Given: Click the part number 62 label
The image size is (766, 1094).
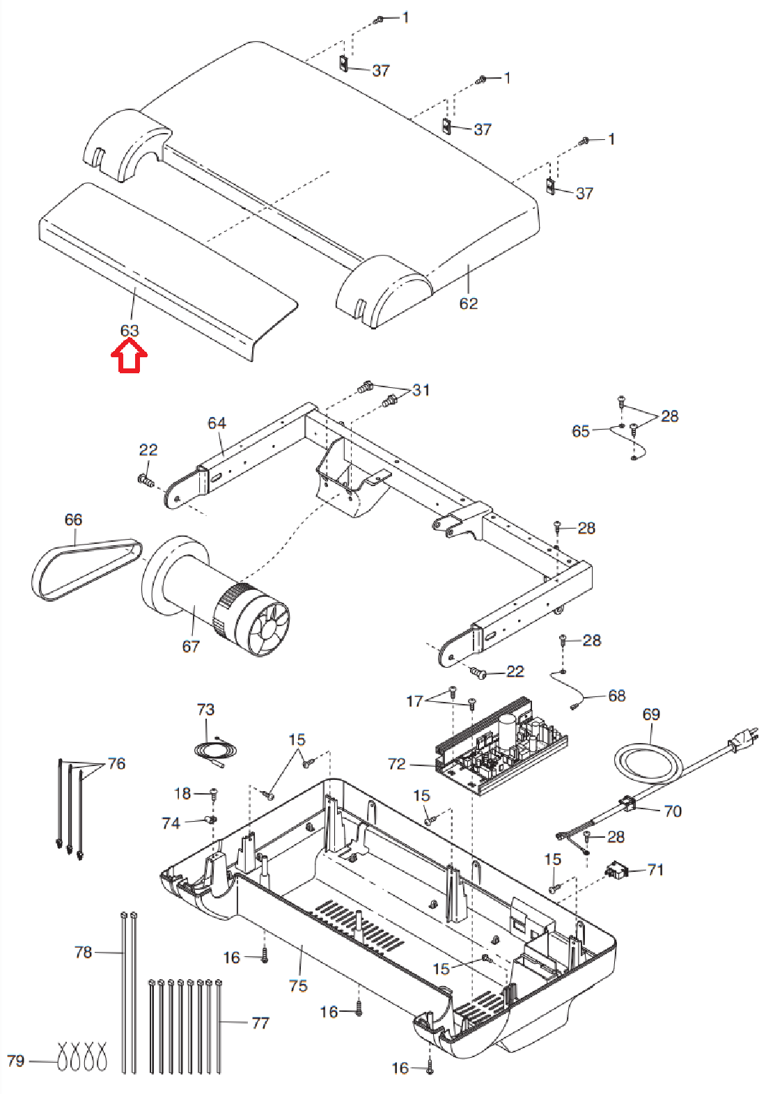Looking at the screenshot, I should coord(469,303).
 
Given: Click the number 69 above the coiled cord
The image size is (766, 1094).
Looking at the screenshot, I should coord(651,714).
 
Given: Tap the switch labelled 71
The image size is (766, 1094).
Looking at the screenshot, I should coord(614,869).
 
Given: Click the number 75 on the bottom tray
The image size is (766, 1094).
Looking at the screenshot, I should coord(298,985).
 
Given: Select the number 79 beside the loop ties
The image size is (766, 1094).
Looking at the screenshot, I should coord(15,1061).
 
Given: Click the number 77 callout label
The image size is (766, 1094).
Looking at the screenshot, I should coord(260,1022).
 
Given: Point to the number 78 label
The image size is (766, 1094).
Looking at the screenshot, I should coord(83,952).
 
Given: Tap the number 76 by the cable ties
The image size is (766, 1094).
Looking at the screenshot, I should coord(116,763).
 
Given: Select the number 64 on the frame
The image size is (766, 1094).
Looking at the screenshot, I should coord(217,423).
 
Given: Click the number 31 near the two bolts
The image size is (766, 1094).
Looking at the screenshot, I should coord(421,390).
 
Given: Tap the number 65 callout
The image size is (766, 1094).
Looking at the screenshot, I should coord(581,431).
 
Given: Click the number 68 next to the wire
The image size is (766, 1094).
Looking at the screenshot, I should coord(617,696).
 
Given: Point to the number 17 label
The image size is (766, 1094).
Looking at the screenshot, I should coord(414,701).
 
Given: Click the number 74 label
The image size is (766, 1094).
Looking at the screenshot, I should coord(171,823).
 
